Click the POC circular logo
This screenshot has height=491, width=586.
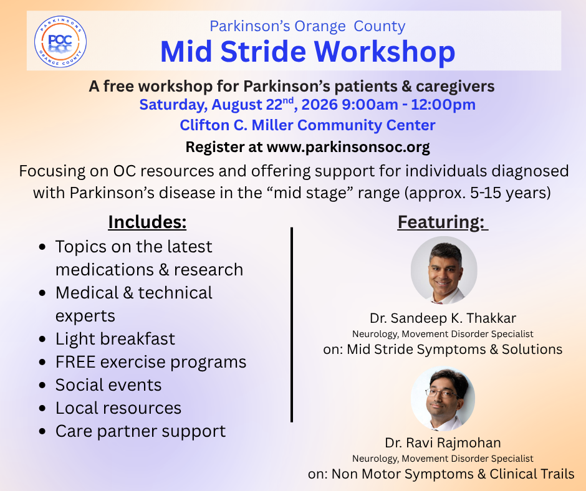60,41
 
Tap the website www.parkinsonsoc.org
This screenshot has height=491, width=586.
348,147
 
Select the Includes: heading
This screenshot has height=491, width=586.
147,222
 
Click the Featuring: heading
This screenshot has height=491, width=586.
443,222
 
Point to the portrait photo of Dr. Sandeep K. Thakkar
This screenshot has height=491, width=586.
444,270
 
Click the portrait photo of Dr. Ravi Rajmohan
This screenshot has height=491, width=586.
443,398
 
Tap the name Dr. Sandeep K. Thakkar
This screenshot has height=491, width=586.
443,318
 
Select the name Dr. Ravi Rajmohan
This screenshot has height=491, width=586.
443,443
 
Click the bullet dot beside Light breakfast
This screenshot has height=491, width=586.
42,340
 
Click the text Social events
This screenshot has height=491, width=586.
108,385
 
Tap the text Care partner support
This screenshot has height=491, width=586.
140,431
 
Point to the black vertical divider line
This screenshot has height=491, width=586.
292,325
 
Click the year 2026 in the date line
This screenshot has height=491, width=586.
320,105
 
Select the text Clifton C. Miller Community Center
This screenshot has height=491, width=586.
307,125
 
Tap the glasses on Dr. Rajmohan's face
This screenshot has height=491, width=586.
442,393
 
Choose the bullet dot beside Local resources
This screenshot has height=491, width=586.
42,408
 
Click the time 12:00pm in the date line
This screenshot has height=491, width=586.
443,105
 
